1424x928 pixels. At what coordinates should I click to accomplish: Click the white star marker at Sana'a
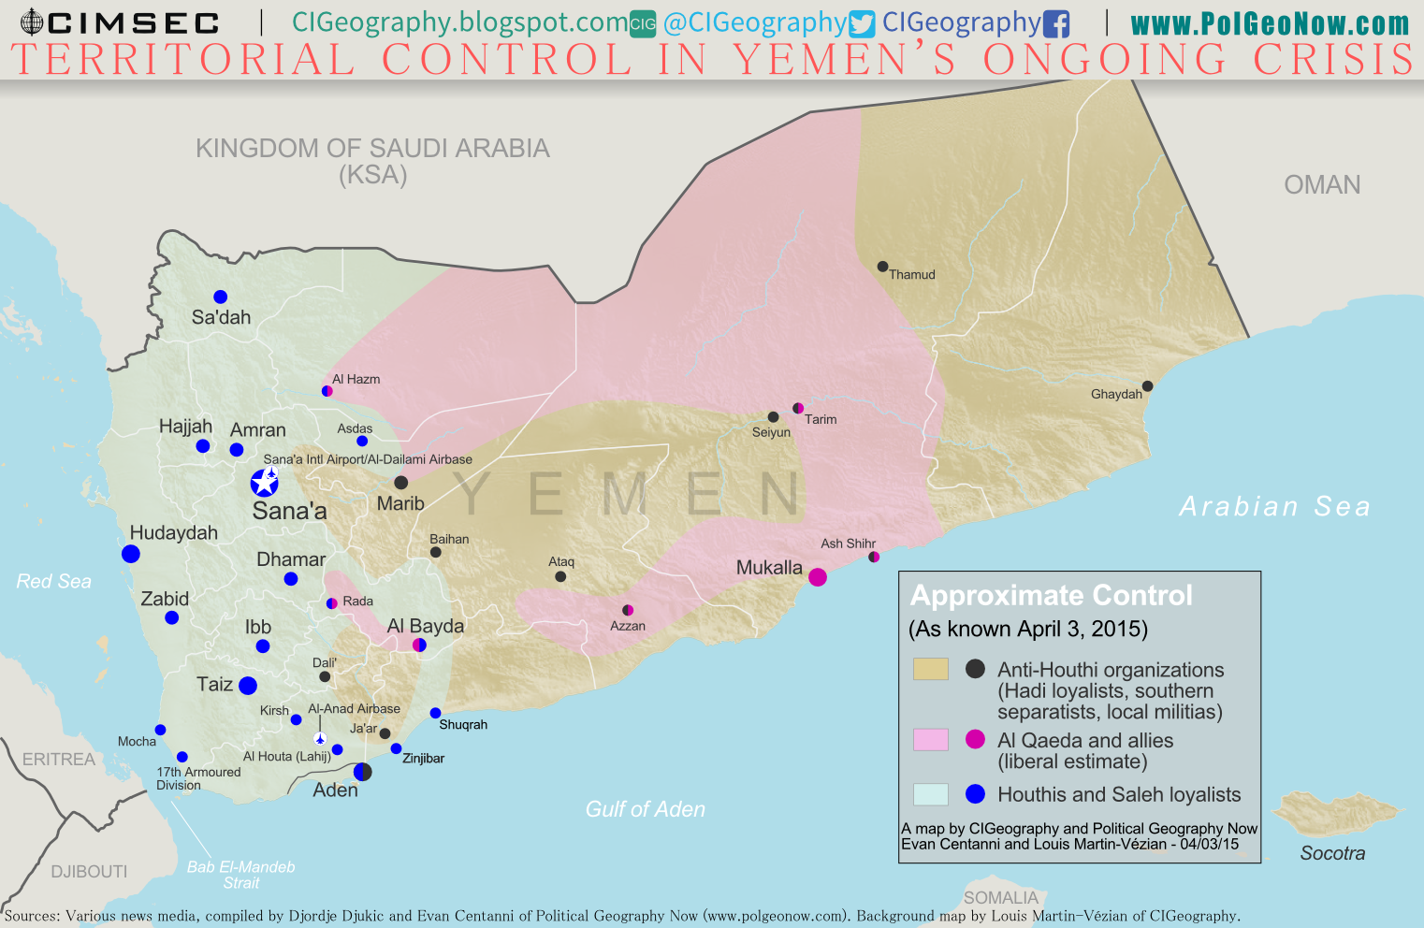pyautogui.click(x=265, y=483)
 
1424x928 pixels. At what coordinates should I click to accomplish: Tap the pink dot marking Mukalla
pyautogui.click(x=818, y=576)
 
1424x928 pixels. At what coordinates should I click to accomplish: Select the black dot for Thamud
pyautogui.click(x=882, y=267)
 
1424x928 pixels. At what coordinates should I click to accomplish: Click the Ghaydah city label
pyautogui.click(x=1116, y=395)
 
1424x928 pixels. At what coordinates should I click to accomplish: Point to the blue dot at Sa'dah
pyautogui.click(x=221, y=297)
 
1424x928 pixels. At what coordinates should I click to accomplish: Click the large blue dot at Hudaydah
pyautogui.click(x=131, y=554)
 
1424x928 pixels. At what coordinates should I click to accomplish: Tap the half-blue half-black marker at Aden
pyautogui.click(x=363, y=772)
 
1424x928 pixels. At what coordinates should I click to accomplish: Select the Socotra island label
pyautogui.click(x=1332, y=853)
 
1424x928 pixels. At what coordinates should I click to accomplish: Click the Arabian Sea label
pyautogui.click(x=1274, y=506)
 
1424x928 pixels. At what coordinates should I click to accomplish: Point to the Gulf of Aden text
pyautogui.click(x=645, y=809)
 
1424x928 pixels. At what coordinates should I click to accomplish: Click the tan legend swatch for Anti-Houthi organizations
pyautogui.click(x=930, y=669)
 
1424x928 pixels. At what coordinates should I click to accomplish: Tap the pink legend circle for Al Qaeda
pyautogui.click(x=975, y=740)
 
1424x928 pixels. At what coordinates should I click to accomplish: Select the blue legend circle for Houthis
pyautogui.click(x=975, y=794)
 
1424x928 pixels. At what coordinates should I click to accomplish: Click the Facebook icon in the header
pyautogui.click(x=1056, y=23)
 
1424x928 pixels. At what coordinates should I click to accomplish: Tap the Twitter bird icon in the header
pyautogui.click(x=862, y=23)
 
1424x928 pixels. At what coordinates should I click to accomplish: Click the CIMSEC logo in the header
pyautogui.click(x=120, y=22)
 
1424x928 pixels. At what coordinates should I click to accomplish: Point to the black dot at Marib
pyautogui.click(x=400, y=483)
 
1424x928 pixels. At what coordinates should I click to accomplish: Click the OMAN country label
pyautogui.click(x=1322, y=184)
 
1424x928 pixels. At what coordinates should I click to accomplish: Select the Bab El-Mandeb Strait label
pyautogui.click(x=240, y=875)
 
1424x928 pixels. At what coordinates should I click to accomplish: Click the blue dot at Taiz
pyautogui.click(x=248, y=686)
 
